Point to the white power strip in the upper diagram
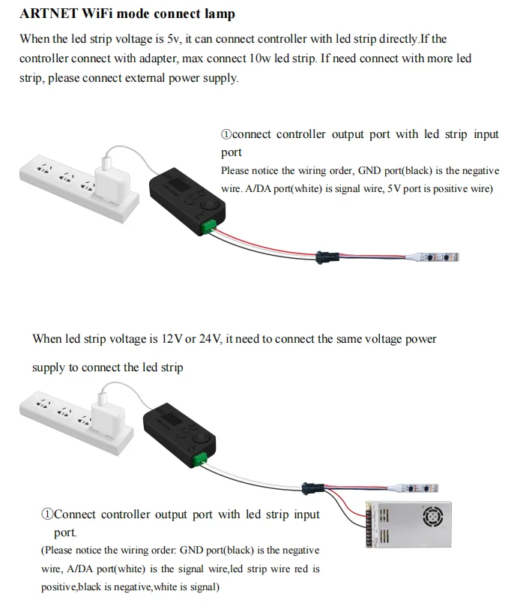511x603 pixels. [67, 183]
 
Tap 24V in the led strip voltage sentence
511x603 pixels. [211, 339]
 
